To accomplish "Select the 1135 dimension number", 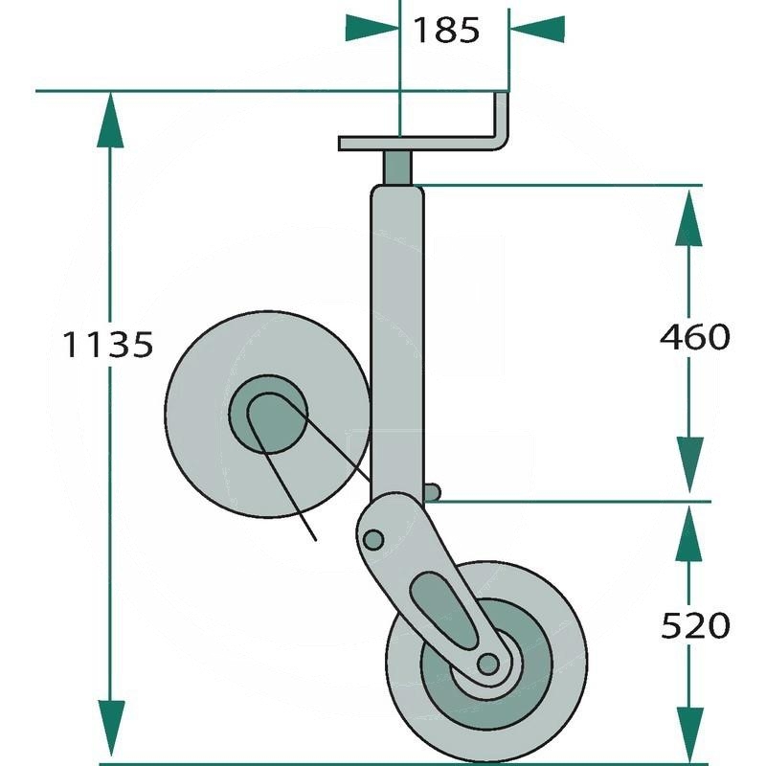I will tap(107, 344).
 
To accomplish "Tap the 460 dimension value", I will tap(694, 336).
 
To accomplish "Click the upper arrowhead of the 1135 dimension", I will tap(111, 120).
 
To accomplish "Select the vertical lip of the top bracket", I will tap(501, 118).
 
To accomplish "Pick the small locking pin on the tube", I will tap(433, 492).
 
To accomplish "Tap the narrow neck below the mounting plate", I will tap(398, 168).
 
